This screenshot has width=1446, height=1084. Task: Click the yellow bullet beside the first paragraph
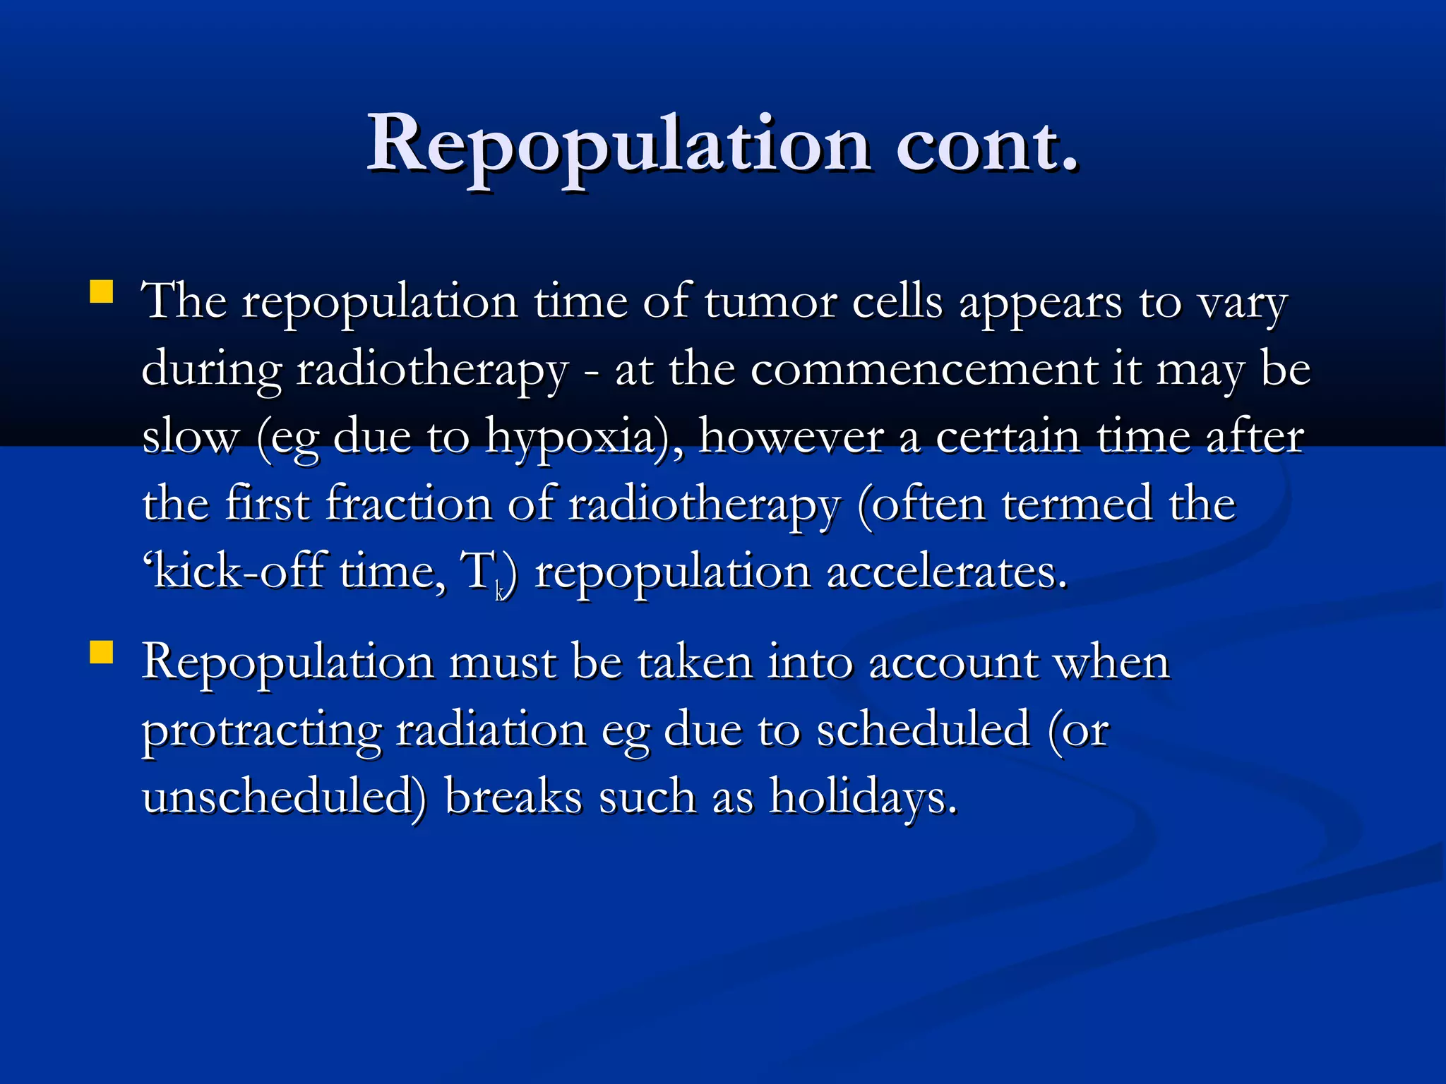(102, 292)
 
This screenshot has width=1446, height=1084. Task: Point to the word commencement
(923, 369)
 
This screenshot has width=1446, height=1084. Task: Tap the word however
(791, 436)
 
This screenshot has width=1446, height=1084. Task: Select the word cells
(897, 302)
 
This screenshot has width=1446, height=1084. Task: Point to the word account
(952, 663)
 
